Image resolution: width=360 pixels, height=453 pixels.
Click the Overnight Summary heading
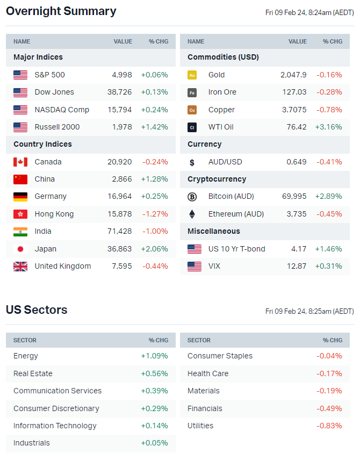pyautogui.click(x=61, y=11)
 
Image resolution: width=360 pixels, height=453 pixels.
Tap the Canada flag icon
pyautogui.click(x=20, y=162)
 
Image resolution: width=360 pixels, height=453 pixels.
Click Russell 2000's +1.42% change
pyautogui.click(x=154, y=127)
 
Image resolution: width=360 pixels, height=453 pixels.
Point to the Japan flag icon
pyautogui.click(x=20, y=249)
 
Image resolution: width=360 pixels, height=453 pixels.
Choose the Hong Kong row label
pyautogui.click(x=54, y=214)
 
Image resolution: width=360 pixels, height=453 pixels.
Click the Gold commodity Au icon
pyautogui.click(x=192, y=75)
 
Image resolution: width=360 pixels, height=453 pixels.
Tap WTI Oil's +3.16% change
pyautogui.click(x=328, y=127)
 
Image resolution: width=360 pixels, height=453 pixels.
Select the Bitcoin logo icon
pyautogui.click(x=192, y=197)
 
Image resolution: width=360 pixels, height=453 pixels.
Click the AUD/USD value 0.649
pyautogui.click(x=297, y=162)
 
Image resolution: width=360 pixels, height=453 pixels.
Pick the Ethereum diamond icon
pyautogui.click(x=192, y=214)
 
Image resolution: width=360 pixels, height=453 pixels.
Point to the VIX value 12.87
pyautogui.click(x=297, y=266)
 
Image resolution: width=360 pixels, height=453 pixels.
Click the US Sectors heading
pyautogui.click(x=37, y=310)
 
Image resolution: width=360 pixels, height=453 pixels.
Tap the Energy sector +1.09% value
pyautogui.click(x=154, y=356)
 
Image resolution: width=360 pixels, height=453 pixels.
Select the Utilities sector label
pyautogui.click(x=200, y=426)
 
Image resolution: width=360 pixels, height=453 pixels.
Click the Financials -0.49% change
pyautogui.click(x=329, y=408)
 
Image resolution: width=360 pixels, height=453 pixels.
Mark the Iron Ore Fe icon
pyautogui.click(x=192, y=92)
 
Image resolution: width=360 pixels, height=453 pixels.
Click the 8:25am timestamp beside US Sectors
pyautogui.click(x=309, y=311)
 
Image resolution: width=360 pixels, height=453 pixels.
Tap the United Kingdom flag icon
pyautogui.click(x=20, y=266)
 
